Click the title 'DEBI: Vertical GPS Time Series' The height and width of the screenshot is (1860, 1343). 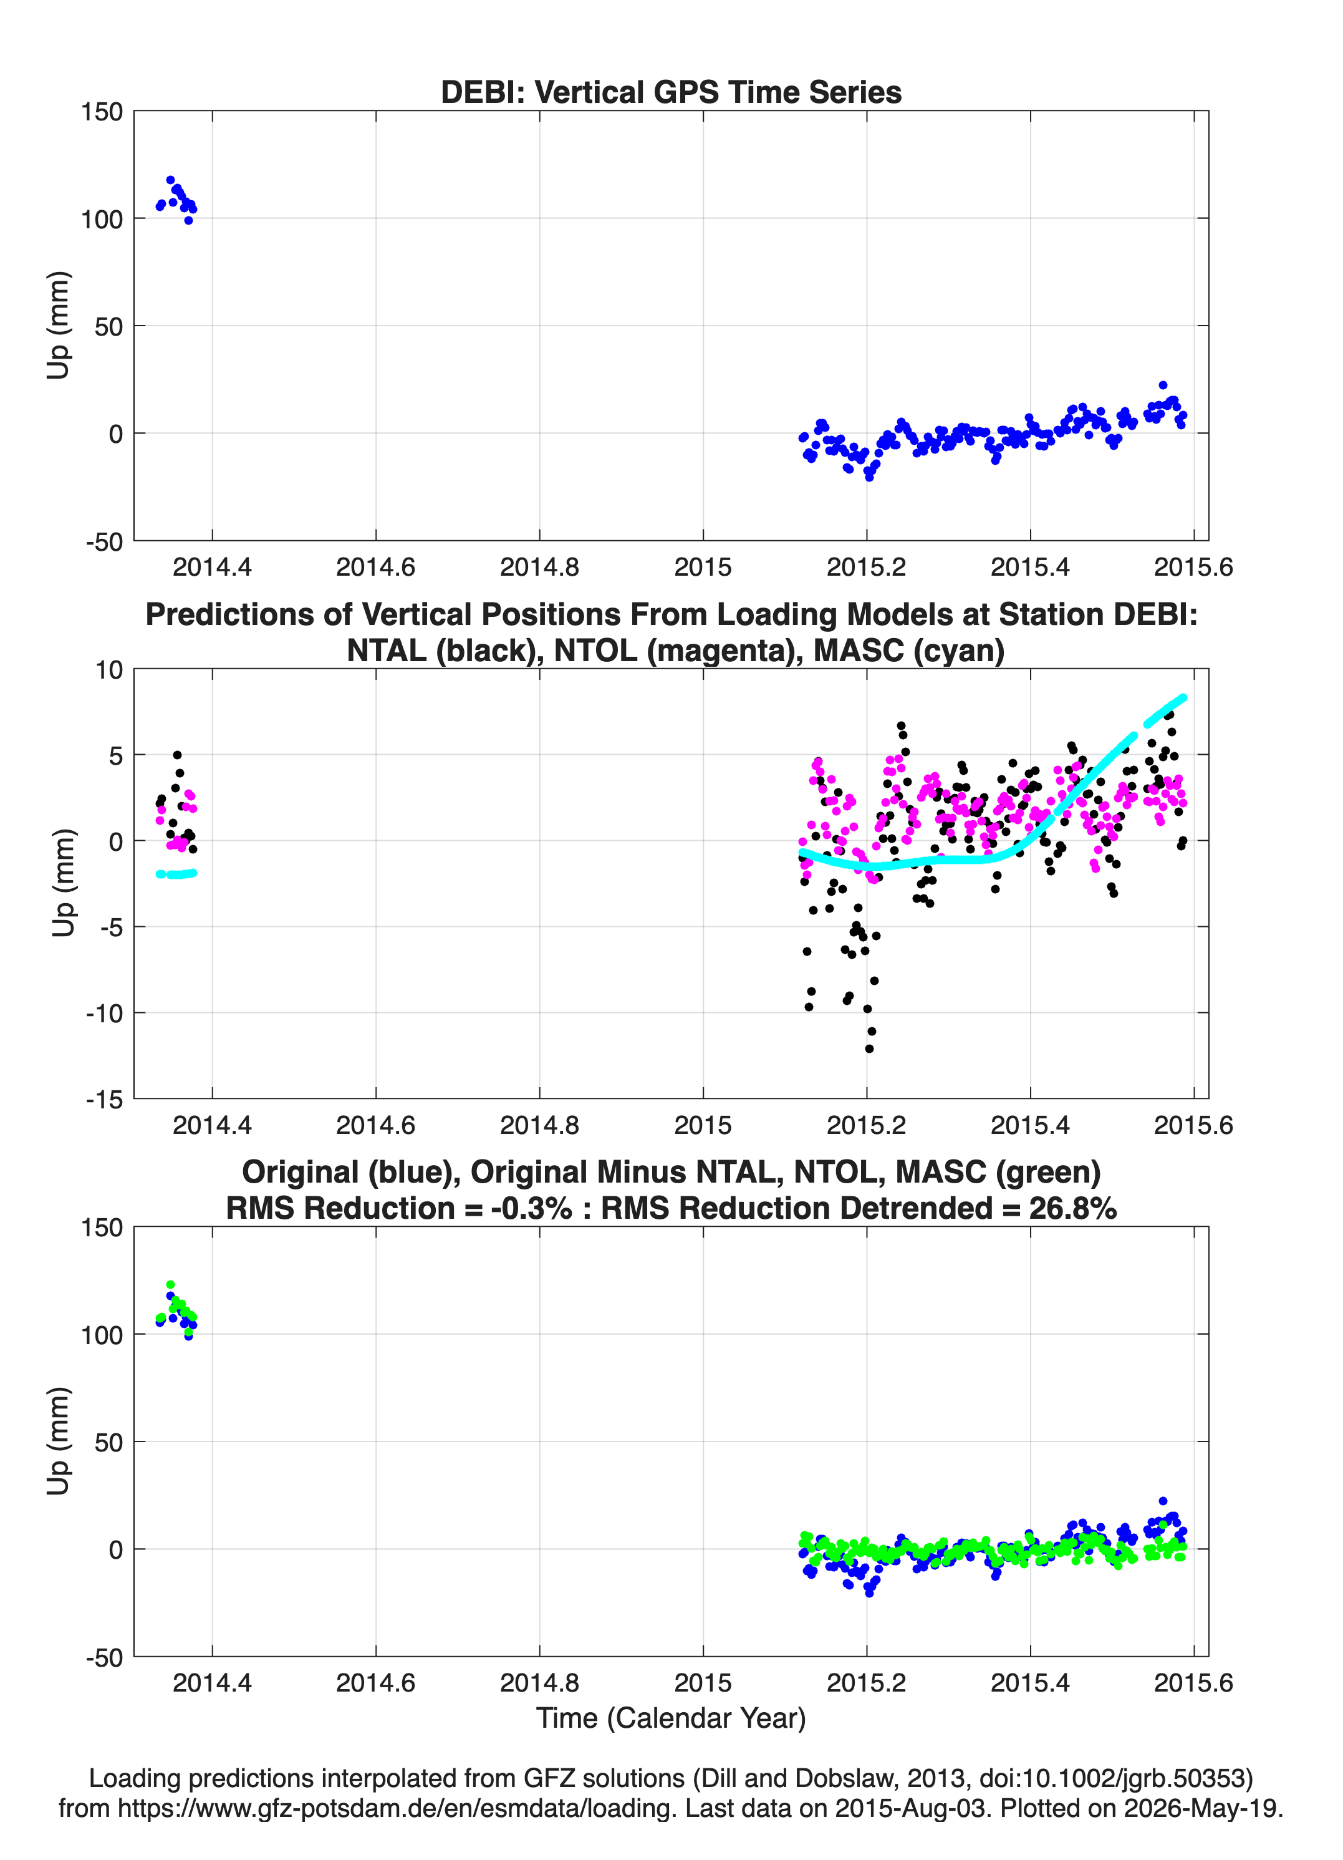pos(671,92)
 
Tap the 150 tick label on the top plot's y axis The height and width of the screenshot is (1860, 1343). pos(102,112)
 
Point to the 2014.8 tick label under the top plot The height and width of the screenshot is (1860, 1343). pos(539,567)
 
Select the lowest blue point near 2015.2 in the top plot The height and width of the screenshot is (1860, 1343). pos(869,477)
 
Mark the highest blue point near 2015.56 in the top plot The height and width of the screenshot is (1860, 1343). pos(1163,385)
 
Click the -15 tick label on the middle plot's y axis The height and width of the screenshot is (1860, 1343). pos(104,1099)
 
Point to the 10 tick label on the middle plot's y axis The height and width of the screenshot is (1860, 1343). pos(109,670)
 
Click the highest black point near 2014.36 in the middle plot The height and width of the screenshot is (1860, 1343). pos(177,755)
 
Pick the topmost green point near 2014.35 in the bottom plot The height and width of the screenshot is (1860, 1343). pos(171,1284)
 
